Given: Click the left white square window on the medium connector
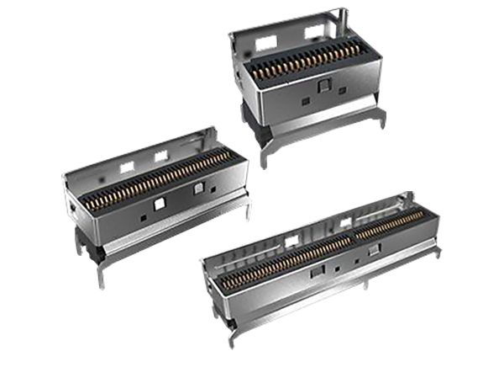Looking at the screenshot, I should click(x=160, y=203).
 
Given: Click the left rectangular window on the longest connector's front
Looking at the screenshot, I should click(x=318, y=272).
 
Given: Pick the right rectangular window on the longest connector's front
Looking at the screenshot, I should click(x=375, y=249).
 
